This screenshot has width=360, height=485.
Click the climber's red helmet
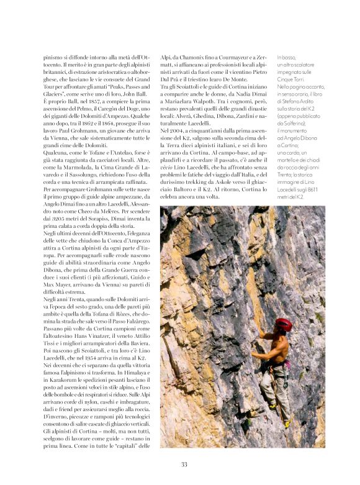[x=284, y=324]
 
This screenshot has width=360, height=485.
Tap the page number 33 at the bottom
[x=184, y=465]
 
